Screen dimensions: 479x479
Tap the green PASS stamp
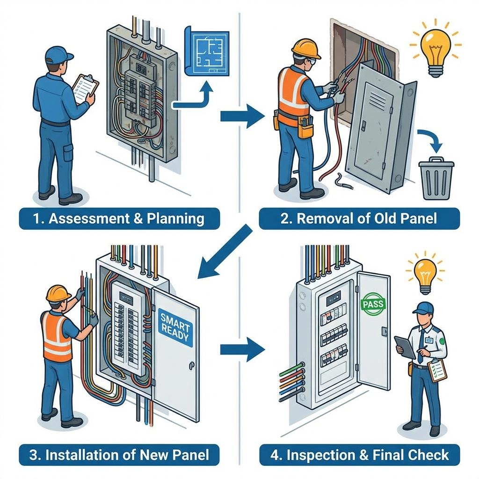(x=373, y=305)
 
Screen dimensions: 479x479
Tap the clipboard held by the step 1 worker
(x=85, y=88)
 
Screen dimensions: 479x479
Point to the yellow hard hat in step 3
(x=58, y=293)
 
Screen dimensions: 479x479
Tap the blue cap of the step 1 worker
(x=58, y=55)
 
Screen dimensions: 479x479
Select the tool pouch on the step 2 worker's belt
(x=305, y=127)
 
